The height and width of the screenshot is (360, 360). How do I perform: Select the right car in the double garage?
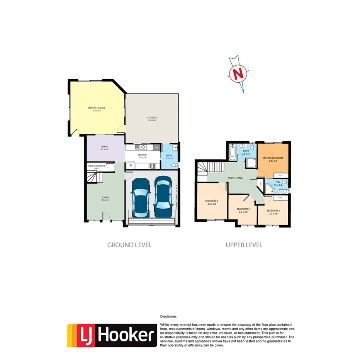coord(163,197)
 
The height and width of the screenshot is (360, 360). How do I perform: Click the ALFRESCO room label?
coord(151,117)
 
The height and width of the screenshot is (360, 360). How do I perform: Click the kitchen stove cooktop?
coord(152,166)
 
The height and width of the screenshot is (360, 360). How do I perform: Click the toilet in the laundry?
coord(175,165)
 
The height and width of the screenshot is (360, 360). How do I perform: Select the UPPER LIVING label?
coord(235,178)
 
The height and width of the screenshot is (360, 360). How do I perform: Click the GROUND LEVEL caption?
coord(129,245)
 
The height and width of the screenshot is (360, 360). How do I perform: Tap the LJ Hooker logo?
coord(112,335)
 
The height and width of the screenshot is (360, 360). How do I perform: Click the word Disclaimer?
coord(168,316)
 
